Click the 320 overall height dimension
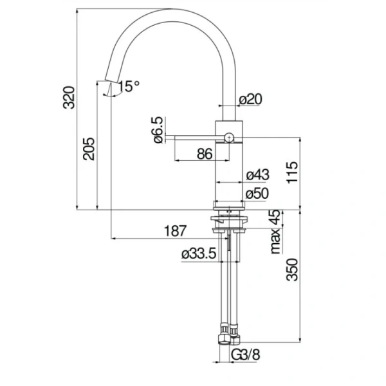pyautogui.click(x=68, y=98)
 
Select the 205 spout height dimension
pyautogui.click(x=89, y=149)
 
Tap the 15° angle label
pyautogui.click(x=129, y=86)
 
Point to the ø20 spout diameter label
pyautogui.click(x=251, y=99)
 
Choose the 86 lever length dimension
pyautogui.click(x=205, y=154)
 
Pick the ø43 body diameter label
pyautogui.click(x=258, y=175)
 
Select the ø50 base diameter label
pyautogui.click(x=257, y=193)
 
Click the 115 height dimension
pyautogui.click(x=292, y=172)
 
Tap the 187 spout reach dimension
pyautogui.click(x=175, y=231)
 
